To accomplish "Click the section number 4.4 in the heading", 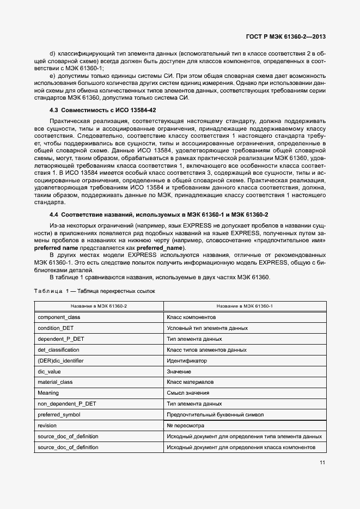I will click(54, 215).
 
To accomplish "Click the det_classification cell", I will click(59, 350).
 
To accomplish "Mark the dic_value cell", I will click(49, 372).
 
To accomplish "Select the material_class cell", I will click(55, 382).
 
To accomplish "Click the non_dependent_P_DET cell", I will click(66, 404).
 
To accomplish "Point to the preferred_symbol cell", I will click(59, 415).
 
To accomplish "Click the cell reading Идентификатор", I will click(187, 361).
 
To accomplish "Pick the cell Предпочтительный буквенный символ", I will click(215, 415).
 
